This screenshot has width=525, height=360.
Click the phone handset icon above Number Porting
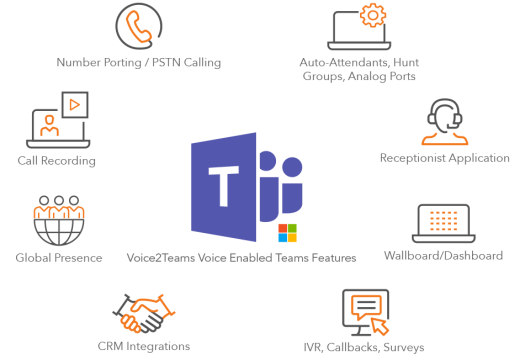click(x=139, y=26)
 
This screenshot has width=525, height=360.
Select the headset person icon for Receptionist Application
click(x=445, y=122)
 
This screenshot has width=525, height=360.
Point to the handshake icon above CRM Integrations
click(x=139, y=315)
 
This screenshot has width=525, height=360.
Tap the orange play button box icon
click(x=75, y=103)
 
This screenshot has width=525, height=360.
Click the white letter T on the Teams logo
click(x=220, y=185)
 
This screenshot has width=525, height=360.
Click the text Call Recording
click(x=56, y=160)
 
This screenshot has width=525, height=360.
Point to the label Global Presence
click(x=58, y=258)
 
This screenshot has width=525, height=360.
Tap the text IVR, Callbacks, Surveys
click(x=363, y=347)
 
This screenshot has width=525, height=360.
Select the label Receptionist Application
click(x=445, y=158)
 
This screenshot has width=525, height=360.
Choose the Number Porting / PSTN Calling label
click(x=139, y=62)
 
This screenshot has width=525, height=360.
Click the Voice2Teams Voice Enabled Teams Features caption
click(x=241, y=258)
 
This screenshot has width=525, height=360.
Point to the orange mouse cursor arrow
click(x=381, y=326)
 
